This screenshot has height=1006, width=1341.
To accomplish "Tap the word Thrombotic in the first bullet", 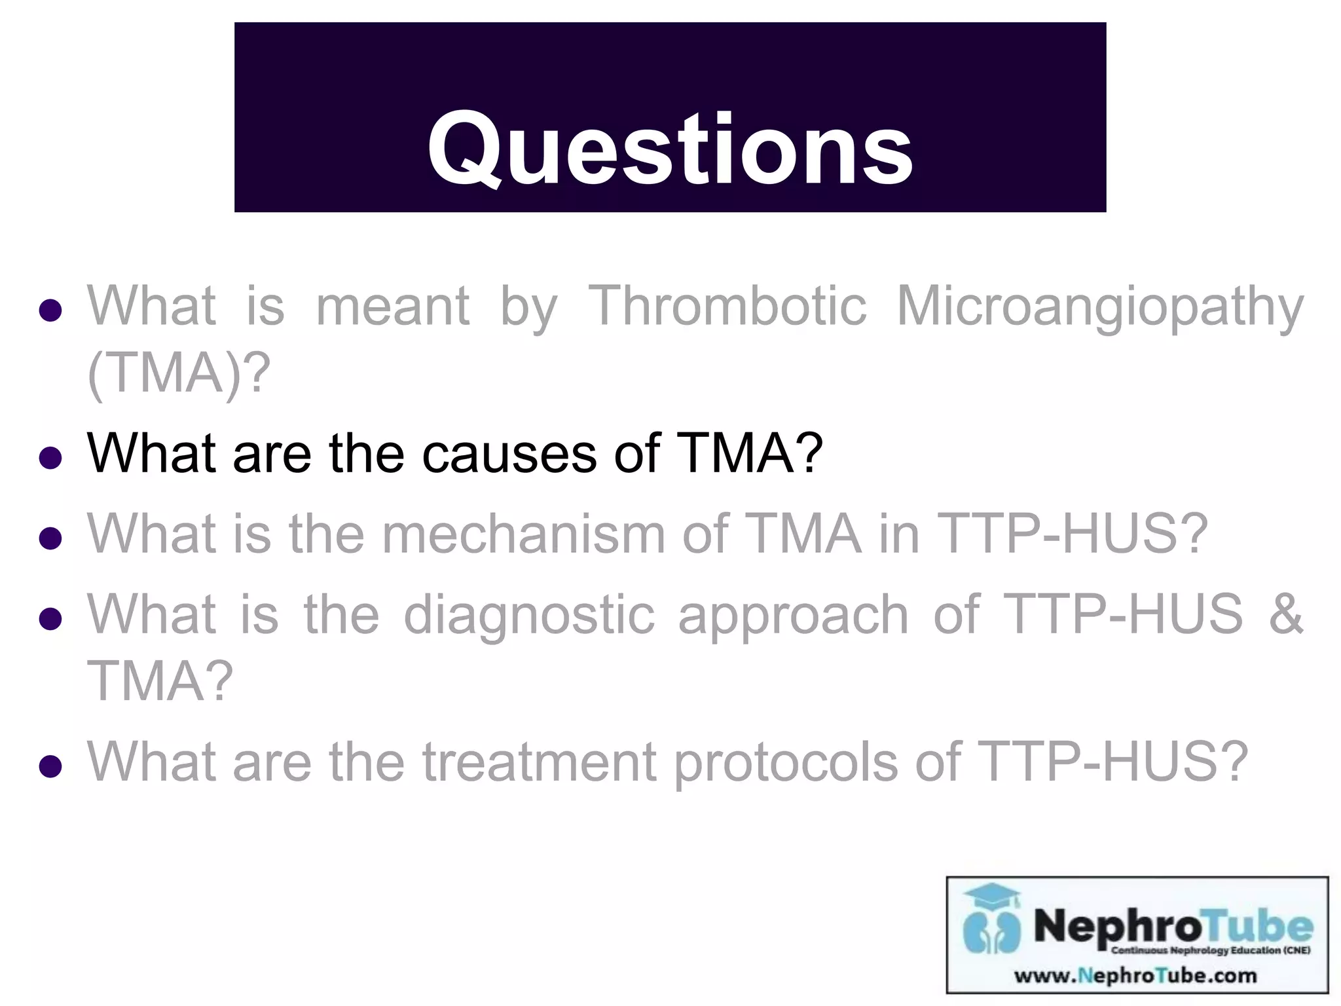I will point(727,306).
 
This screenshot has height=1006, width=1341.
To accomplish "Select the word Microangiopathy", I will point(1099,306).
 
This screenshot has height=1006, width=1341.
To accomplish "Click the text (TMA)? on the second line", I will point(178,373).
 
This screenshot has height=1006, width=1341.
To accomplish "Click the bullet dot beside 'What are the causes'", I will point(50,458).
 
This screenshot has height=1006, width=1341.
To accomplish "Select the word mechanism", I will point(523,534).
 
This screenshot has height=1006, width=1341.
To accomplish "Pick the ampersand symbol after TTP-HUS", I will point(1285,614).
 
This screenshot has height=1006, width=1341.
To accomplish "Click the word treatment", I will point(539,762).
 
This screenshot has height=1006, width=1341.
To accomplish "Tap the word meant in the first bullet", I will point(392,306).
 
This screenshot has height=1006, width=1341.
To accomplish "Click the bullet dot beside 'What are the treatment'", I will point(50,766).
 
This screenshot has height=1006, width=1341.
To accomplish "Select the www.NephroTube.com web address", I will point(1135,976).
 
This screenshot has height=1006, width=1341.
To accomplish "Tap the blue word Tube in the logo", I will point(1258,926).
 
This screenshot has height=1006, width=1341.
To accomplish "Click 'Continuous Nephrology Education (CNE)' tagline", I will point(1210,950).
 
